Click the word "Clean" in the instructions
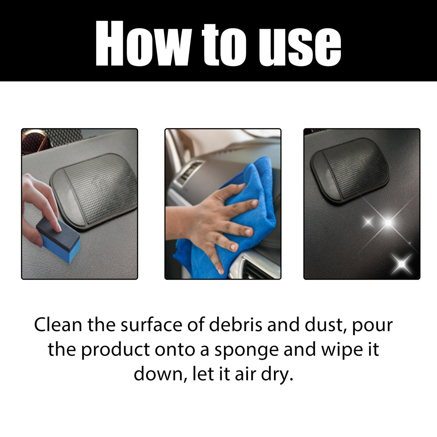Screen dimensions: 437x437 [58, 325]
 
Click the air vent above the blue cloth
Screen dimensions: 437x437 [187, 176]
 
